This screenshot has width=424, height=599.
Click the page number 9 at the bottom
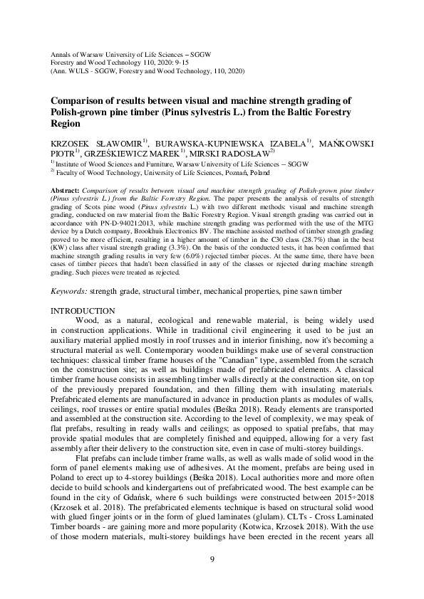[212, 559]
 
